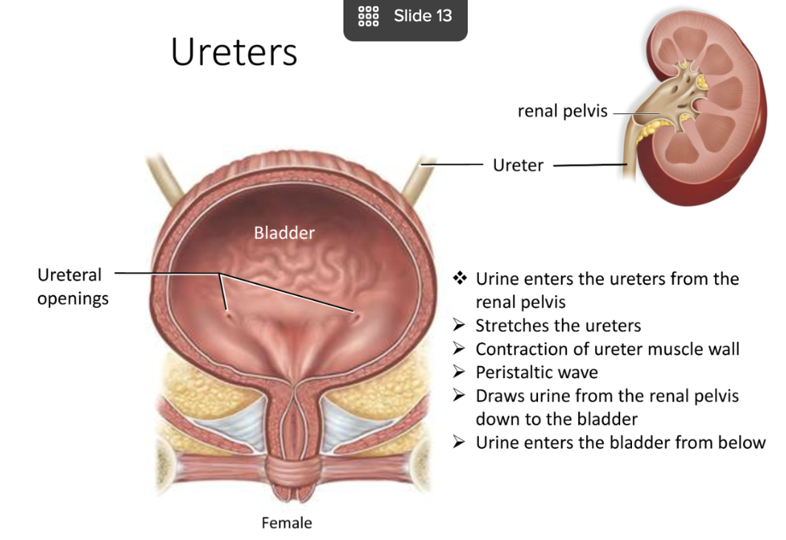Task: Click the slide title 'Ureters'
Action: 234,53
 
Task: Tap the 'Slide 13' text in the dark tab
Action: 423,16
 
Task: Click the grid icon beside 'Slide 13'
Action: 368,16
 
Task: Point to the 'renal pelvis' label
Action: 562,112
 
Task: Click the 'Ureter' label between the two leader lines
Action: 518,165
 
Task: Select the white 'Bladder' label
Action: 284,233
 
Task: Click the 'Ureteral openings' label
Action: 72,286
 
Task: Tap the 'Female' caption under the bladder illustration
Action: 286,523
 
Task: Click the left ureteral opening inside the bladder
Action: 229,314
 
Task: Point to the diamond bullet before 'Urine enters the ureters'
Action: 460,279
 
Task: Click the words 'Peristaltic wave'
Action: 537,372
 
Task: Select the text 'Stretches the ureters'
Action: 558,325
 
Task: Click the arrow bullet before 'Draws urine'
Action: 460,396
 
